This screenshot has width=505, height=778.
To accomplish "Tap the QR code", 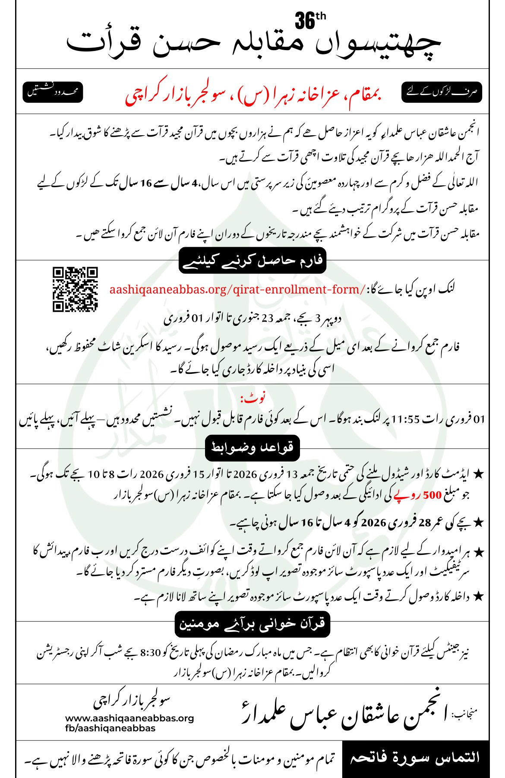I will [x=75, y=289].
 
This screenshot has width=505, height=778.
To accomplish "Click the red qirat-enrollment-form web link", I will [x=237, y=289].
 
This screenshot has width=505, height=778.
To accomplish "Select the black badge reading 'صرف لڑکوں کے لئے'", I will [x=442, y=92].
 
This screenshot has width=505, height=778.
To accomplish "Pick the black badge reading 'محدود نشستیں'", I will [x=52, y=92].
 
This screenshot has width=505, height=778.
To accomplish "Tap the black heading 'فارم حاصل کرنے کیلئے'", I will [x=252, y=261].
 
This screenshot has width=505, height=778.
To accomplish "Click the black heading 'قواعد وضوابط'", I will [x=252, y=448].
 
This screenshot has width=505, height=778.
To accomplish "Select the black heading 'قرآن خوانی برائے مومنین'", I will [x=252, y=624].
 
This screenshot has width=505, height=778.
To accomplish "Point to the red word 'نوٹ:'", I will [x=253, y=398].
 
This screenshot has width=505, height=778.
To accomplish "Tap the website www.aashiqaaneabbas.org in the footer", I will [x=129, y=718].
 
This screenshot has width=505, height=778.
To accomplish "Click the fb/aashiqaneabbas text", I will [x=110, y=728].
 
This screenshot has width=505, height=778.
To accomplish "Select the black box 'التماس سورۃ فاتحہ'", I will [x=415, y=759].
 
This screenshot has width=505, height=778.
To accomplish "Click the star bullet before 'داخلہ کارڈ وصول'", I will [x=477, y=597].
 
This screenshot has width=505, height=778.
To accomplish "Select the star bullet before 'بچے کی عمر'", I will [x=477, y=523].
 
